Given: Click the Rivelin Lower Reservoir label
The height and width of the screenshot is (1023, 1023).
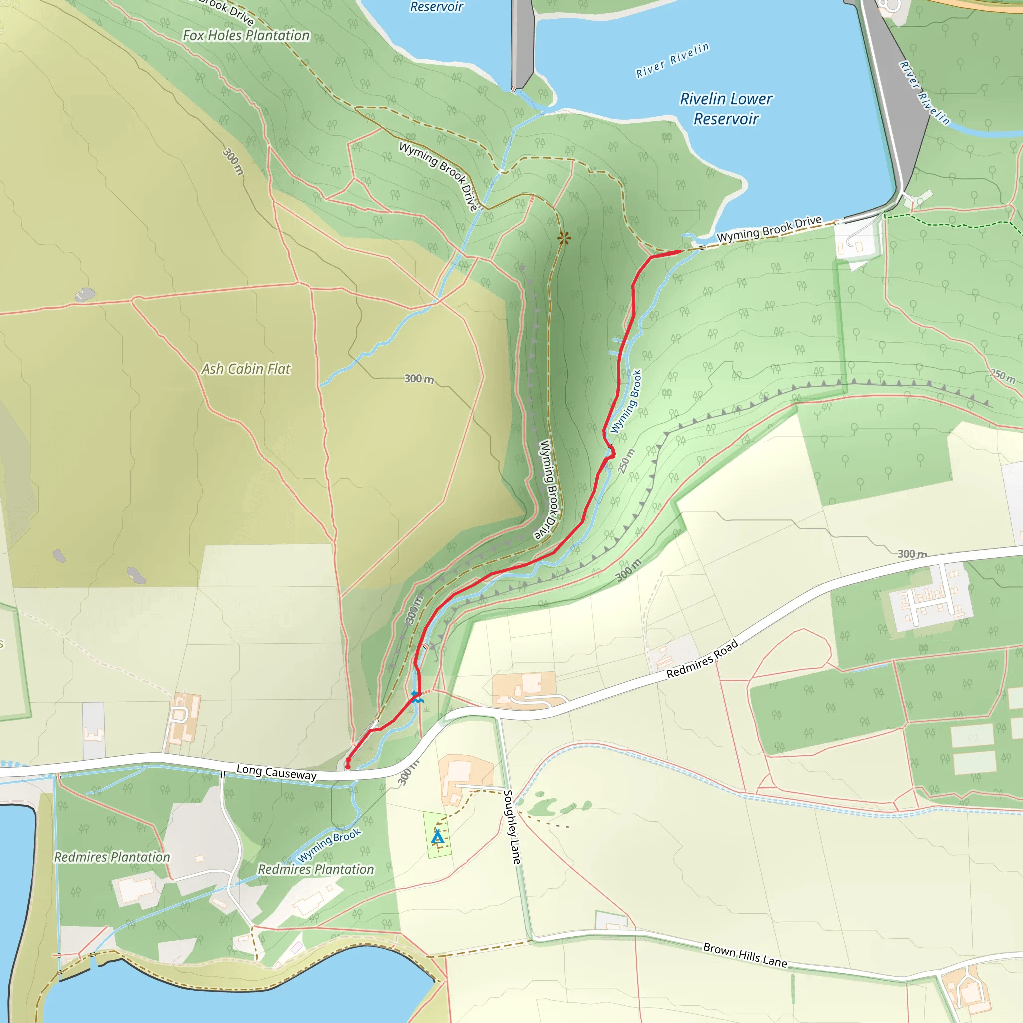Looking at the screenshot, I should tap(726, 108).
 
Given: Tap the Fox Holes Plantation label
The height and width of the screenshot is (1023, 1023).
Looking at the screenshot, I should tap(246, 35).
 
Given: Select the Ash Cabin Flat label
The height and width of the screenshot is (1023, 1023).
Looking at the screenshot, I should tap(246, 369).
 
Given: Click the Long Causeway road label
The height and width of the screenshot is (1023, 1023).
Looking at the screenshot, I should tap(276, 772).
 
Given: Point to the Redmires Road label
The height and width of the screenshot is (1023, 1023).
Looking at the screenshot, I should tap(702, 659).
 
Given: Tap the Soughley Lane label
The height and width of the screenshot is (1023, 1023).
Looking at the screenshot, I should tap(511, 827).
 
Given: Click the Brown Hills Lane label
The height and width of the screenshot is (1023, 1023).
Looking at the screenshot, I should tap(744, 954).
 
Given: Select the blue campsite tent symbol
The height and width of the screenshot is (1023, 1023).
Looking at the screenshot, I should tap(438, 837).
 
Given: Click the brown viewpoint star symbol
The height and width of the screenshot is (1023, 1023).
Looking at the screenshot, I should tap(564, 238).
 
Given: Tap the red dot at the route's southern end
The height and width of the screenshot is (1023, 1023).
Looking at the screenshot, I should tap(348, 766).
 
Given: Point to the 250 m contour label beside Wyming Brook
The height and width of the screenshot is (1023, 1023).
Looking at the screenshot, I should tap(626, 461).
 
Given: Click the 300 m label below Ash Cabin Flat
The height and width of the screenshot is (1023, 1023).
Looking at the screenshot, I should tap(418, 379).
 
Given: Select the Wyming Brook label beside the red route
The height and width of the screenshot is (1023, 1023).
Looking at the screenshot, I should tap(626, 401).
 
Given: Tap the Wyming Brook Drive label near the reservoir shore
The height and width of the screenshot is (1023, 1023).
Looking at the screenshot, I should tap(769, 229).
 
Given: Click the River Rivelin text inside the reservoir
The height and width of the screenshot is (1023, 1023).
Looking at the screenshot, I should tap(672, 60).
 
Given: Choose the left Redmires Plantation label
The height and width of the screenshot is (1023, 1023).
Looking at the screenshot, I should tap(112, 857).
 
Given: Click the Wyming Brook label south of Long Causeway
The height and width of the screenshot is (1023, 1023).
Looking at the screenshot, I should tap(328, 845).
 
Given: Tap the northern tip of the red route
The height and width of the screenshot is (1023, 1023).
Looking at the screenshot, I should tap(680, 252).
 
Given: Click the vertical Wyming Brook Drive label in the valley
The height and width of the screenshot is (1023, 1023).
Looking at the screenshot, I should tap(548, 489).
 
